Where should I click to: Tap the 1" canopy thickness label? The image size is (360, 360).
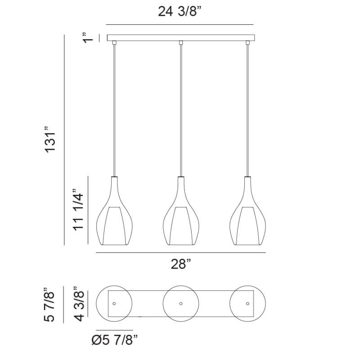point(88,38)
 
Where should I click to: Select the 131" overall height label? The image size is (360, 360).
point(50,139)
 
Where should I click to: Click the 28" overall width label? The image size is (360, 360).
point(181,264)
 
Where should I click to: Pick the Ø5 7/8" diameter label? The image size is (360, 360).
point(115,340)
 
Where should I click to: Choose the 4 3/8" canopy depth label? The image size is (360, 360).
point(78,304)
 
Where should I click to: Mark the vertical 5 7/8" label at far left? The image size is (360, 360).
point(49,304)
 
